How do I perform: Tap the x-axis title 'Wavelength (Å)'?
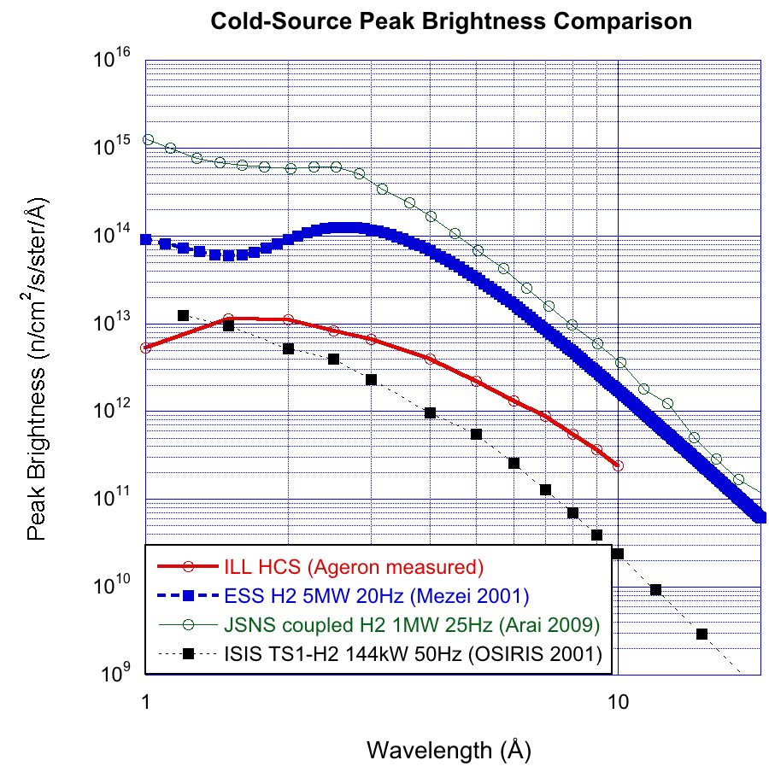point(449,751)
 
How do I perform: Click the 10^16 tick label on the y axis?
point(116,59)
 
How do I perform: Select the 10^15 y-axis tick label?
point(116,147)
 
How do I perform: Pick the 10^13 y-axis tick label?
point(116,323)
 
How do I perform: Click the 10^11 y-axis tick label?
point(116,499)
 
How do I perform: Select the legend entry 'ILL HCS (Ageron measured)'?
point(354,565)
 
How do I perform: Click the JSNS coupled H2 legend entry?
point(412,624)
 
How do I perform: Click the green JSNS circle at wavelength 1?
point(147,139)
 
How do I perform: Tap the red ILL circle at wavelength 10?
point(618,466)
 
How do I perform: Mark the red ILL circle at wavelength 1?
point(146,348)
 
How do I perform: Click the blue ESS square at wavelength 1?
point(146,240)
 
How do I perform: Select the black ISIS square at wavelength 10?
point(618,553)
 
